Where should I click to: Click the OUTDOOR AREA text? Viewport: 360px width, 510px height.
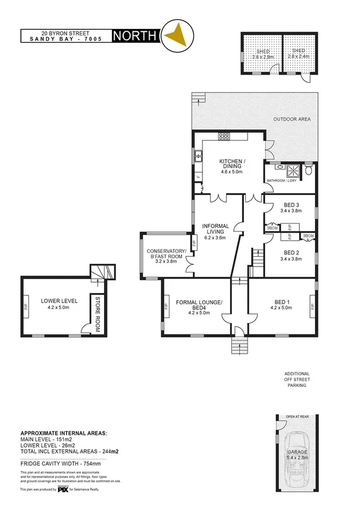click(292, 119)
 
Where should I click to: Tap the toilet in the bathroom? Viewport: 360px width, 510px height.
click(308, 170)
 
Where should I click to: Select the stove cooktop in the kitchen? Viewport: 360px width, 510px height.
click(224, 136)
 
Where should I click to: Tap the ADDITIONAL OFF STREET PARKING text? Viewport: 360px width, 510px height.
click(296, 379)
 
